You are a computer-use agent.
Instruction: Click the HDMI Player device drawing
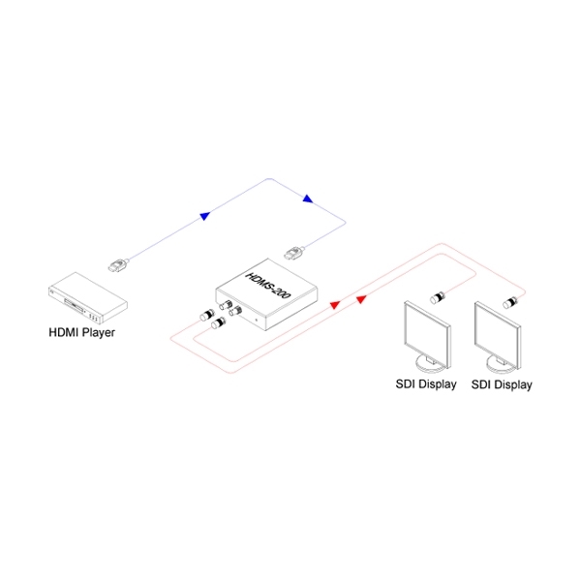pyautogui.click(x=88, y=298)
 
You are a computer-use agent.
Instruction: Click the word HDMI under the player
pyautogui.click(x=63, y=332)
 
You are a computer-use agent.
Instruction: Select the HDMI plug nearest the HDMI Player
pyautogui.click(x=118, y=265)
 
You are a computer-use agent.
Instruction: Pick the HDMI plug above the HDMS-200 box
pyautogui.click(x=294, y=253)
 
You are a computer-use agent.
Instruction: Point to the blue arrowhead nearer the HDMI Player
pyautogui.click(x=205, y=216)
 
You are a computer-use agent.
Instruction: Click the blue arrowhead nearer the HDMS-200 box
pyautogui.click(x=308, y=199)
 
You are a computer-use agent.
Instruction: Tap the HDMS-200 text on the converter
pyautogui.click(x=268, y=285)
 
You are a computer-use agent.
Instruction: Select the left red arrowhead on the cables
pyautogui.click(x=335, y=305)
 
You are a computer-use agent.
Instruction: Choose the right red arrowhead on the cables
pyautogui.click(x=361, y=299)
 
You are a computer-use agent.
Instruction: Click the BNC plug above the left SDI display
pyautogui.click(x=438, y=297)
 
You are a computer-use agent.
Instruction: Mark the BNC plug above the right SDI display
pyautogui.click(x=510, y=302)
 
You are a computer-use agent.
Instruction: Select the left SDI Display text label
pyautogui.click(x=426, y=384)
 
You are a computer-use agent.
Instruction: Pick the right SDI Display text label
pyautogui.click(x=502, y=384)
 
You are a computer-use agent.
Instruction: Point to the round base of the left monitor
pyautogui.click(x=431, y=365)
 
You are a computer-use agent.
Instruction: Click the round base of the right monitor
pyautogui.click(x=501, y=365)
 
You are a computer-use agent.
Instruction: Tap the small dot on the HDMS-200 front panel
pyautogui.click(x=257, y=320)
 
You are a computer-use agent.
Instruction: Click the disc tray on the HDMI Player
pyautogui.click(x=74, y=304)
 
